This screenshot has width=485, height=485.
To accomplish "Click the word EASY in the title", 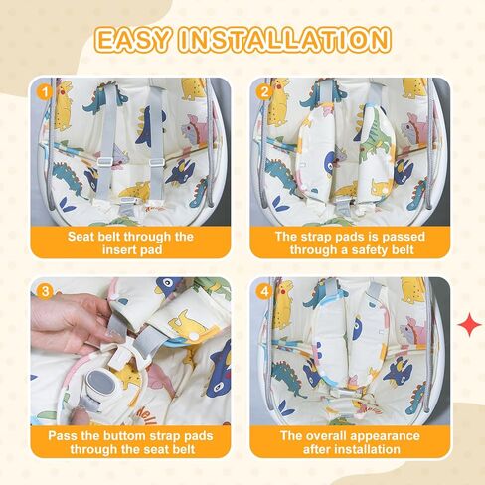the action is tap(133, 40).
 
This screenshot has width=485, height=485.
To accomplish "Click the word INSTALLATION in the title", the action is tap(284, 40).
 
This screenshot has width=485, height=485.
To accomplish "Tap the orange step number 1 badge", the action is tap(45, 91).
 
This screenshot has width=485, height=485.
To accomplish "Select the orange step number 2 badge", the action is tap(264, 91).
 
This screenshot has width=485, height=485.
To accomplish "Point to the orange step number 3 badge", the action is tap(45, 292).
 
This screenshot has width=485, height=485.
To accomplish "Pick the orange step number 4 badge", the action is tap(264, 292).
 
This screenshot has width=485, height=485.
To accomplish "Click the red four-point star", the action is tap(470, 324).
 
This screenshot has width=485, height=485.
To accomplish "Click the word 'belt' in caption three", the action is tap(184, 449).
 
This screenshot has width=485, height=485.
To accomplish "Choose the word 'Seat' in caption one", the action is tap(80, 237).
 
